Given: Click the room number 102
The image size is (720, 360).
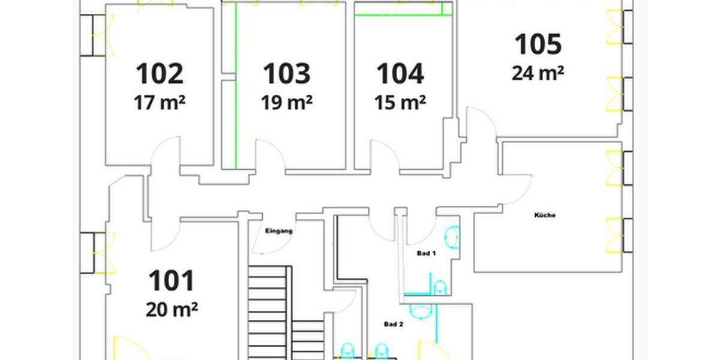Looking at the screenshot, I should click(x=160, y=73).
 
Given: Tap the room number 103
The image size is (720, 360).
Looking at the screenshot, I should click(x=287, y=73).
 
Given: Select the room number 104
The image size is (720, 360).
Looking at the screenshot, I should click(x=400, y=73).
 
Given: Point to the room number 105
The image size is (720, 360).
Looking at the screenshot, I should click(x=538, y=44).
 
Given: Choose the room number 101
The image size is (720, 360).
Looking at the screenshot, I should click(x=172, y=281).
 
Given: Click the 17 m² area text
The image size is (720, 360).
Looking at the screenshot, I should click(x=159, y=103).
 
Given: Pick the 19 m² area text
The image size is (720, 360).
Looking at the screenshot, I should click(x=286, y=103).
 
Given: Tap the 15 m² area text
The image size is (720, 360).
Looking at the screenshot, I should click(x=400, y=103).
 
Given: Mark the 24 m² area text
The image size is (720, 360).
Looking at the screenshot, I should click(x=538, y=73).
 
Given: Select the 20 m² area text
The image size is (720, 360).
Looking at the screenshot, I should click(x=172, y=310).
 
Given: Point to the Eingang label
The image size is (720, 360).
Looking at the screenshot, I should click(x=278, y=230).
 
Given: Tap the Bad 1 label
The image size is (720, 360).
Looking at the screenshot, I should click(x=426, y=254).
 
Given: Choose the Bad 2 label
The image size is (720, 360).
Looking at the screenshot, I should click(x=394, y=324).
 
